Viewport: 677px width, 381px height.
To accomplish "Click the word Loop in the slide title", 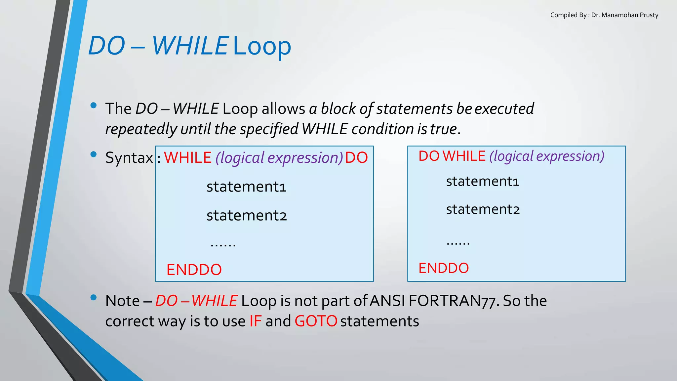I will click(262, 46).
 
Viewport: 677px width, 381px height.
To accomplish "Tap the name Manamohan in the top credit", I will click(616, 15).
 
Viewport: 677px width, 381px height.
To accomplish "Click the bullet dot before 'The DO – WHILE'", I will click(94, 106).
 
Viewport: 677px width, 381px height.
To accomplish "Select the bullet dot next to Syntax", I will click(94, 154).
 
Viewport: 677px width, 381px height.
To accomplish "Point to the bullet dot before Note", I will click(94, 298).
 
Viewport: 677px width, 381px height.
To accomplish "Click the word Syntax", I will click(129, 158).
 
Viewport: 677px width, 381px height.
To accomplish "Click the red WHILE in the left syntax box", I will click(187, 157).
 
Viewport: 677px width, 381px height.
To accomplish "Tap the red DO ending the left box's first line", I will click(356, 157).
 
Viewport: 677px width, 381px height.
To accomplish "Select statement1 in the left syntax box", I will click(246, 187).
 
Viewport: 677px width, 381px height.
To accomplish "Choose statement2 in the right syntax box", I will click(483, 209).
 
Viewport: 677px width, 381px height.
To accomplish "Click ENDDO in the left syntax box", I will click(194, 270).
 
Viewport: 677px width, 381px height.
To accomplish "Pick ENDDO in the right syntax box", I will click(444, 268).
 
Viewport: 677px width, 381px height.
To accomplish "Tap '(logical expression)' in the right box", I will click(547, 156).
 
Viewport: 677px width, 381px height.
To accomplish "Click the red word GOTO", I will click(316, 321).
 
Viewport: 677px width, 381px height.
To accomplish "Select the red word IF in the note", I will click(256, 321).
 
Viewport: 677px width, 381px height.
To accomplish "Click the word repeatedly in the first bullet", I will click(141, 129).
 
